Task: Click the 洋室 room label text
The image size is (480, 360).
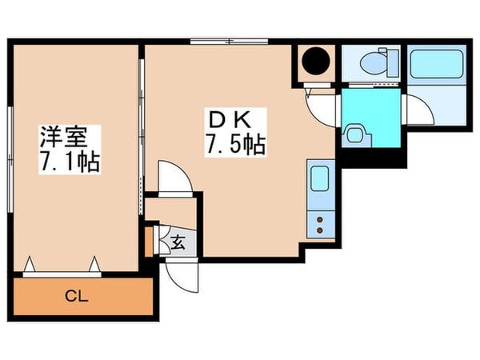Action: [x=64, y=137]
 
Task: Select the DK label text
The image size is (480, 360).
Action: [x=230, y=120]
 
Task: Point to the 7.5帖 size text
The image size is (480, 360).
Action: [x=235, y=144]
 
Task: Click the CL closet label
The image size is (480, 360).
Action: [x=77, y=296]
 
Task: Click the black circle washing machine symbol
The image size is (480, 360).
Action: [x=316, y=61]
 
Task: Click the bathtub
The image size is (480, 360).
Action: [x=437, y=64]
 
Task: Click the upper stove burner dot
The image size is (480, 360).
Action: [x=320, y=219]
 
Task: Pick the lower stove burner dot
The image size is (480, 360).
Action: [x=320, y=230]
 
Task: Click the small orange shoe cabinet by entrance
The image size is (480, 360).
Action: [x=149, y=242]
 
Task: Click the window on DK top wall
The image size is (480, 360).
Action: [x=230, y=42]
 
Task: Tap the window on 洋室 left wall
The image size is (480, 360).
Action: [x=10, y=159]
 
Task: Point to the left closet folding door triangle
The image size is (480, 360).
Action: [x=30, y=264]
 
